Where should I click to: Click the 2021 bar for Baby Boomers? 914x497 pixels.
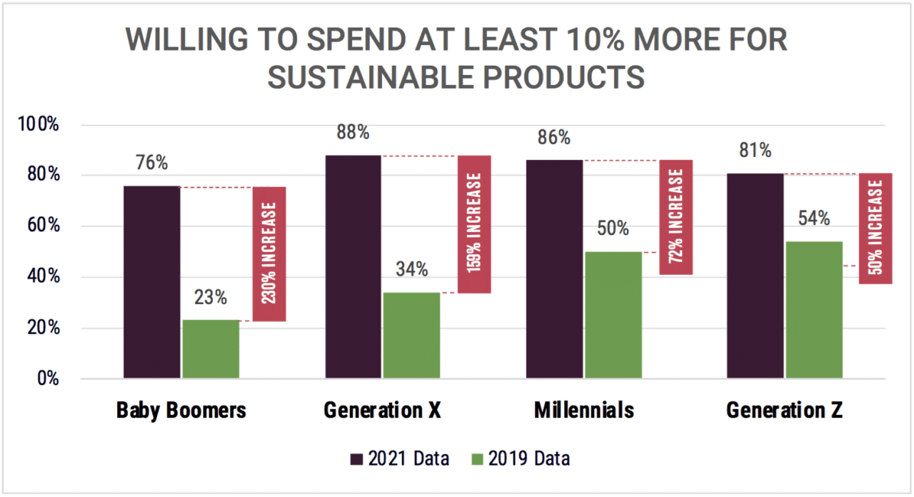click(x=152, y=281)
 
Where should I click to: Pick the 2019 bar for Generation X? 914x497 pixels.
click(x=412, y=335)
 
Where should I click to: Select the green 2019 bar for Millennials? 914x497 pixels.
click(x=613, y=314)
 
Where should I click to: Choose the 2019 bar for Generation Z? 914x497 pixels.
click(x=814, y=309)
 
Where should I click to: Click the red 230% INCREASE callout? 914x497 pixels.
click(x=269, y=254)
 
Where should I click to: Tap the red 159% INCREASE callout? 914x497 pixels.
click(x=474, y=224)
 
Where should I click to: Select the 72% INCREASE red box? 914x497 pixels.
click(x=676, y=217)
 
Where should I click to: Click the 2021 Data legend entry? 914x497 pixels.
click(x=400, y=458)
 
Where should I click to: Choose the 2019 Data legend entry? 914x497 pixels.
click(x=521, y=458)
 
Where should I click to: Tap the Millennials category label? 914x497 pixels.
click(x=583, y=411)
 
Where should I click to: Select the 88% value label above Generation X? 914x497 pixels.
click(x=353, y=133)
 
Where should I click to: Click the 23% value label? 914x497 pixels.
click(x=211, y=297)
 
